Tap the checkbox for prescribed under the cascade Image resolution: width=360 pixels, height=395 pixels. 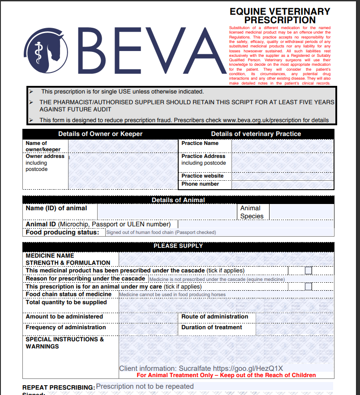point(308,270)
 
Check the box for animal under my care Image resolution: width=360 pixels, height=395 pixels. point(308,286)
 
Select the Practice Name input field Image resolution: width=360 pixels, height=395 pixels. point(283,145)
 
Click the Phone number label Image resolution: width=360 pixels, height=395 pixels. point(200,184)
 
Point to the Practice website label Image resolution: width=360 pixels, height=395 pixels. point(202,176)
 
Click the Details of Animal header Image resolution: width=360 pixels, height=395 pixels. point(178,200)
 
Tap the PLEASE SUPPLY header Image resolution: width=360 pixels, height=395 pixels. point(178,246)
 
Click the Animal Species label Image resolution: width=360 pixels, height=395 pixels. point(252,212)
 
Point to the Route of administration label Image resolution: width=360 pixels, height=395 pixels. point(214,316)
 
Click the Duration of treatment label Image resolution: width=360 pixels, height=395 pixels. point(211,327)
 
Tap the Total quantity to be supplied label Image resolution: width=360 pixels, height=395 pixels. point(66,302)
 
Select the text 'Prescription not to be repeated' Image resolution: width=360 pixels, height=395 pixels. point(145,386)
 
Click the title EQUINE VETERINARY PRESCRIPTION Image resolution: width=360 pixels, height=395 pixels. point(280,16)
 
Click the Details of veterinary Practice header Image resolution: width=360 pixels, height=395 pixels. point(256,134)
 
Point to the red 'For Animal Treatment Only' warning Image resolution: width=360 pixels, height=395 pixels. point(226,375)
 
